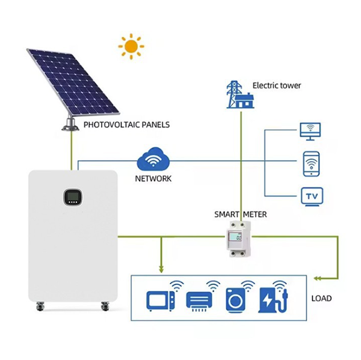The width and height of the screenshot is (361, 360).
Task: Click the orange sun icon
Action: [x=131, y=46]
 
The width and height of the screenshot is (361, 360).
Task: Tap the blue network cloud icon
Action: [x=153, y=159]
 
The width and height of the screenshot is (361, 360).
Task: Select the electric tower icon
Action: [x=240, y=94]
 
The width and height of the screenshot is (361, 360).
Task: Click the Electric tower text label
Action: [x=277, y=85]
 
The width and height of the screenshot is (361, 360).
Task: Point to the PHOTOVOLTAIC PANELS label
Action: [x=126, y=124]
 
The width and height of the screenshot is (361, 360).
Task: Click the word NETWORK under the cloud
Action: [x=153, y=178]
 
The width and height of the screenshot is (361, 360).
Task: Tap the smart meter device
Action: [x=238, y=239]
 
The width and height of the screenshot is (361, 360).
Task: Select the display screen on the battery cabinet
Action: [x=73, y=197]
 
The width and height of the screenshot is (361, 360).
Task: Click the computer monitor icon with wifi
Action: [x=310, y=132]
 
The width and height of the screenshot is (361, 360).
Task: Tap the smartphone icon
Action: [x=311, y=164]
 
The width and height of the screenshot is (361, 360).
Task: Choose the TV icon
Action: [x=312, y=197]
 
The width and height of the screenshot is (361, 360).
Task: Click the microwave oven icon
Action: [x=161, y=301]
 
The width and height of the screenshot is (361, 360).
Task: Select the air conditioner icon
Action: [x=199, y=301]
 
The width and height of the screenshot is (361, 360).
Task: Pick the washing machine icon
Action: [x=235, y=300]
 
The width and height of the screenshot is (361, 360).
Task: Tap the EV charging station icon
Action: [x=273, y=300]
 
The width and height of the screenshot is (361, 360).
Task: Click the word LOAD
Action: [x=321, y=298]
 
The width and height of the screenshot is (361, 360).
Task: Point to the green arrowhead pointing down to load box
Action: [x=161, y=269]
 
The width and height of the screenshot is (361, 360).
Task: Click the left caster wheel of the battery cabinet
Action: [x=40, y=307]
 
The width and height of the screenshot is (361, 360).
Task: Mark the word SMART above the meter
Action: [x=227, y=215]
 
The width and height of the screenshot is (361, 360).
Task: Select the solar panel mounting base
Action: [x=70, y=124]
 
